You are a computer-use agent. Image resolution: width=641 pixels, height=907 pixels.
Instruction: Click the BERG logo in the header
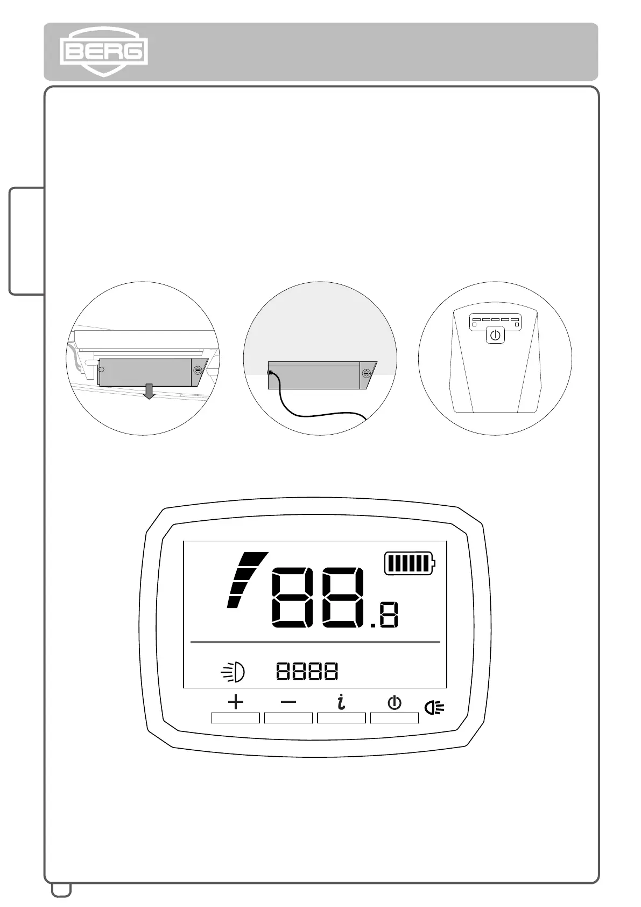coord(103,52)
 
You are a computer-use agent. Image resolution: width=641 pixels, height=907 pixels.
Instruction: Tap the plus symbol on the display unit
coord(236,702)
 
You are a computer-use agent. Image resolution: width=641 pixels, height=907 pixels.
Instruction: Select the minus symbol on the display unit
coord(288,702)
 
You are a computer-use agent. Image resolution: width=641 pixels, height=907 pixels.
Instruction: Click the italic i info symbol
coord(341,702)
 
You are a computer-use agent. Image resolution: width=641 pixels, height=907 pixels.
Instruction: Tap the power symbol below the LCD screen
coord(395,702)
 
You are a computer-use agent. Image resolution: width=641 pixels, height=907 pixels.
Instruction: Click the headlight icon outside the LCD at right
coord(434,707)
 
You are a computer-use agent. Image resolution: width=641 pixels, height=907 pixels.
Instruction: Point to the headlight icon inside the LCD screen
coord(234,672)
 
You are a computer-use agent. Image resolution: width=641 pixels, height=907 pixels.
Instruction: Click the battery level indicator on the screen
coord(410,563)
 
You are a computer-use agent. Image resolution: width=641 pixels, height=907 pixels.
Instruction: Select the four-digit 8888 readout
coord(307,671)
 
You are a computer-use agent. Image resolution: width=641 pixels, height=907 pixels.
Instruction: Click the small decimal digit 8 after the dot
coord(389,616)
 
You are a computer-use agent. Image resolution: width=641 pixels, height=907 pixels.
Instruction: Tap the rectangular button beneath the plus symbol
coord(236,718)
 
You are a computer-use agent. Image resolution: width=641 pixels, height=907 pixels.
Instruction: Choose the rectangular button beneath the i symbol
coord(341,718)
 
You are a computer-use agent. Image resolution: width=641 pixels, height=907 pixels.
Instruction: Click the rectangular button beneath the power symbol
coord(395,718)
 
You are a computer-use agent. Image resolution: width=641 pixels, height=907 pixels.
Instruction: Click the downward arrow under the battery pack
coord(150,392)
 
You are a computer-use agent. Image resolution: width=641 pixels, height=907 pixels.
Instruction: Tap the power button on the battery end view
coord(495,336)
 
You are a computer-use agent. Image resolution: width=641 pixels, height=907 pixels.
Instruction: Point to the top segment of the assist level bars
coord(253,559)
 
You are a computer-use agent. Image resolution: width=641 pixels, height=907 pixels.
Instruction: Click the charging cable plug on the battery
coord(271,373)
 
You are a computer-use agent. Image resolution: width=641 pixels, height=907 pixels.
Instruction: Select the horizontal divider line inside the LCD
coord(315,642)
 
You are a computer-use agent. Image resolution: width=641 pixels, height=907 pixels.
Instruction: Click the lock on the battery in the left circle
coord(198,370)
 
